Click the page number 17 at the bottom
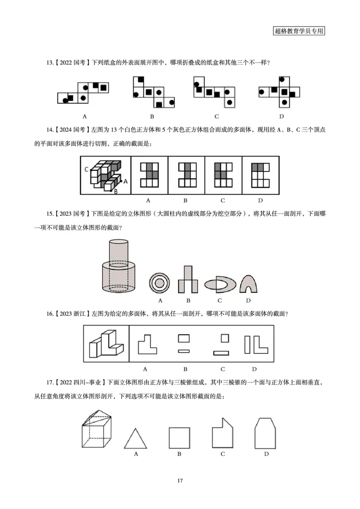point(180,481)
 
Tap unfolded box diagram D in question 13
point(279,92)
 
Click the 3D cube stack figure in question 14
point(105,175)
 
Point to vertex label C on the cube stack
point(86,170)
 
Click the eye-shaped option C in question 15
point(220,284)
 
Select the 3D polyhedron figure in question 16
point(106,344)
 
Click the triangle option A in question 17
point(135,438)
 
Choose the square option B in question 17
point(179,438)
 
